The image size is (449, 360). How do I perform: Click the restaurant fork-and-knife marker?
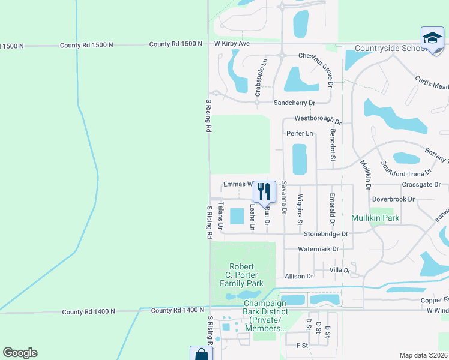click(x=264, y=191)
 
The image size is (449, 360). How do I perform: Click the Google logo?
click(x=20, y=353)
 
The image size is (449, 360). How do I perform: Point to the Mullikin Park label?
click(x=376, y=217)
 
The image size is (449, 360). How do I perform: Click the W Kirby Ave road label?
click(x=232, y=44)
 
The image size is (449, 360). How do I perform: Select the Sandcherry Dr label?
click(x=294, y=103)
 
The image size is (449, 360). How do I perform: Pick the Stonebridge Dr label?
click(x=326, y=233)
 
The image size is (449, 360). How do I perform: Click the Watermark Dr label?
click(x=319, y=248)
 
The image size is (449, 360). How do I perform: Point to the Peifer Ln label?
click(x=300, y=133)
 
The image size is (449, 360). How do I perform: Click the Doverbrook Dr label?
click(x=393, y=199)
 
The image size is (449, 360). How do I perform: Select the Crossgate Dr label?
click(x=421, y=184)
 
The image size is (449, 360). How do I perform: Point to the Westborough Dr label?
click(x=318, y=120)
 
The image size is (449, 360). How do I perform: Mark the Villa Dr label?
click(x=340, y=271)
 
